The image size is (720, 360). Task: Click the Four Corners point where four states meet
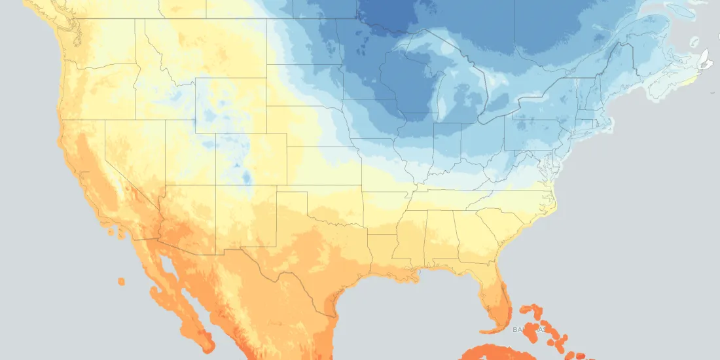pyautogui.click(x=217, y=185)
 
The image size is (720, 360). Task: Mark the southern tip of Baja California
pyautogui.click(x=209, y=344)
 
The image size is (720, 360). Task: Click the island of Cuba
pyautogui.click(x=497, y=353)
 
